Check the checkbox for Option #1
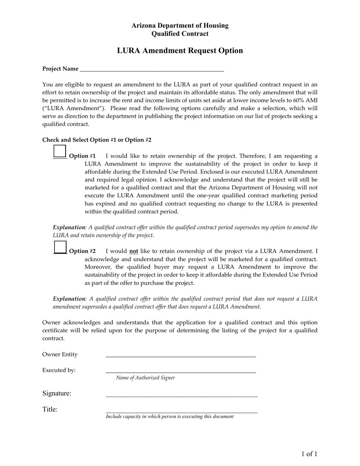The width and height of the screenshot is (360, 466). tap(60, 151)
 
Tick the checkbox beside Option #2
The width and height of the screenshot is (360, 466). tap(60, 247)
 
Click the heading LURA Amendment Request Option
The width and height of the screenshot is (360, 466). tap(180, 50)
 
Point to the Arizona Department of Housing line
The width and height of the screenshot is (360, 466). tap(180, 25)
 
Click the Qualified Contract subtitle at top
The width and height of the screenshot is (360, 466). tap(180, 34)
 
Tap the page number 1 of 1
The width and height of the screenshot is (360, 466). tap(309, 454)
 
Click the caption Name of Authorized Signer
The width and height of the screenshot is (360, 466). tap(146, 378)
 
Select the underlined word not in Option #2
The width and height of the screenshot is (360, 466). tap(133, 251)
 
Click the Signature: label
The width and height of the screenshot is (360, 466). tap(56, 394)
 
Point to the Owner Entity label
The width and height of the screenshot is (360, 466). tap(59, 355)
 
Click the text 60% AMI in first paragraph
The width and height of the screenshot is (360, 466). tap(305, 100)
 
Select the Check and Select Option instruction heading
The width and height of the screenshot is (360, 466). tap(97, 140)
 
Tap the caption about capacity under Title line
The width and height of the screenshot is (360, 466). tap(169, 416)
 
